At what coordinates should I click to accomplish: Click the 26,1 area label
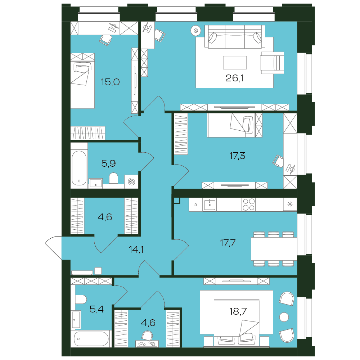234,78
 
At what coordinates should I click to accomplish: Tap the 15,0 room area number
110,82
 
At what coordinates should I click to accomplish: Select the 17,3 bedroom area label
237,156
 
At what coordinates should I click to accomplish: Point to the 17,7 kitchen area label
228,243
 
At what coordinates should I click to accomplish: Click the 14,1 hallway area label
136,249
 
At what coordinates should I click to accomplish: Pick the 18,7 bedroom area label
238,311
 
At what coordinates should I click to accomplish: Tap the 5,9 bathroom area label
108,163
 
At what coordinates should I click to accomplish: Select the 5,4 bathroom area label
96,309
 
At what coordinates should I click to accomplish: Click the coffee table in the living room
235,62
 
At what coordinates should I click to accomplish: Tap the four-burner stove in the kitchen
249,204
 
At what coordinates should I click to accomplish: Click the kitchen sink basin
210,204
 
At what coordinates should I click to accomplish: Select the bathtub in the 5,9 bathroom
79,168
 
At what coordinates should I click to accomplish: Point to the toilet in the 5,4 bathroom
81,300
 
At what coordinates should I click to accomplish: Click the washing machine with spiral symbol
131,181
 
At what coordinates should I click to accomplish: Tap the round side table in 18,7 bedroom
284,317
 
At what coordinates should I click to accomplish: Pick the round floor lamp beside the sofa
195,31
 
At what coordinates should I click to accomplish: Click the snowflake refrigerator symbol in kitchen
290,204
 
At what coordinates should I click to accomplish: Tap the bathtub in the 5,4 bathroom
91,339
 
